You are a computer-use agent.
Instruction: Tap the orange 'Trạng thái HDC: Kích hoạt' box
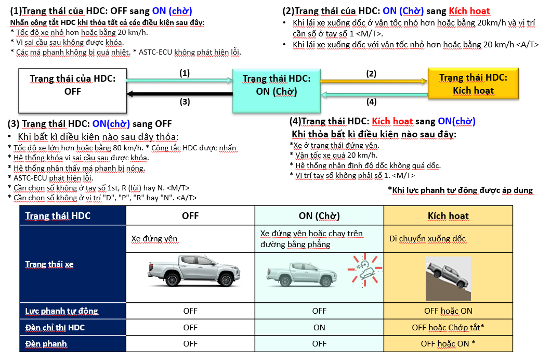473,84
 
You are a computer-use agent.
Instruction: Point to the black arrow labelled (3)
180,94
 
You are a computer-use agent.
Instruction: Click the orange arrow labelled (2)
372,81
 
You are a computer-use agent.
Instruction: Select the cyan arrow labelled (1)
180,80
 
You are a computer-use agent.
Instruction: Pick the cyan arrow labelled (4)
372,94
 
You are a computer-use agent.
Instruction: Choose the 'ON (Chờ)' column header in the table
319,215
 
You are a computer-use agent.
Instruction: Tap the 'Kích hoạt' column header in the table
448,215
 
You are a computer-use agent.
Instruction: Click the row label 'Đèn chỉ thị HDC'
55,327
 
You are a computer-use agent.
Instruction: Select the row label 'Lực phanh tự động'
61,311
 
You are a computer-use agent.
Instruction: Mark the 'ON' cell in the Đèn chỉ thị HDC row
319,327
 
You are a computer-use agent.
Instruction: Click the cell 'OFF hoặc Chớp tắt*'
448,327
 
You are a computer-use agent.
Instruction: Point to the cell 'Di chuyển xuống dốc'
427,239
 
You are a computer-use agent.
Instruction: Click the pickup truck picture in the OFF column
190,271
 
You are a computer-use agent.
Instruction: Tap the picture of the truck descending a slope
448,278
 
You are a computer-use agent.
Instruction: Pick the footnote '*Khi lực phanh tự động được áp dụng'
460,190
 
